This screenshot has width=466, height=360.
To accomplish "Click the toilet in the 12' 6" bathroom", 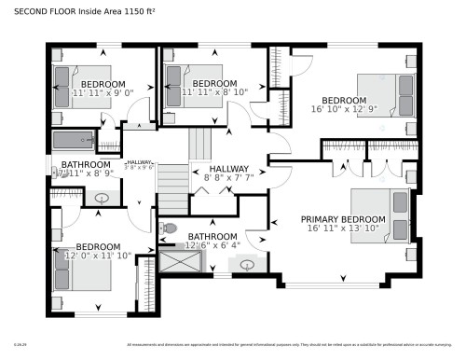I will click(169, 227).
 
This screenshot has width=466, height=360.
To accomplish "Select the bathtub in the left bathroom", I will click(74, 141).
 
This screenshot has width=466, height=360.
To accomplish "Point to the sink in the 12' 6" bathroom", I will click(246, 264).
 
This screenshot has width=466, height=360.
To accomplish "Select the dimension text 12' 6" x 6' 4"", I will click(212, 246).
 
